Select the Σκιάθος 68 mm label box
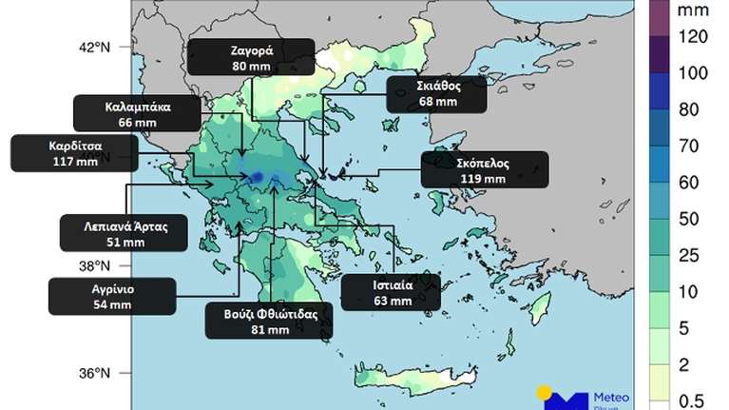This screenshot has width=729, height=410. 437,94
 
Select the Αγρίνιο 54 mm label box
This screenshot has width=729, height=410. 112,296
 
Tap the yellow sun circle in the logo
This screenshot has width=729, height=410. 546,392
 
